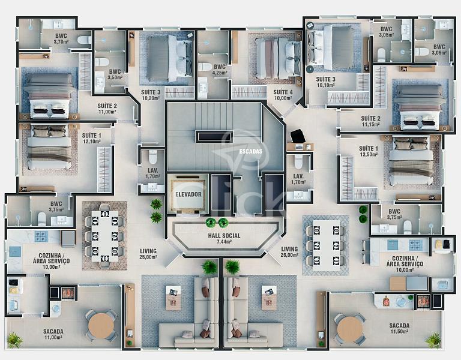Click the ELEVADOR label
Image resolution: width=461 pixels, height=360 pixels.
(x=188, y=194)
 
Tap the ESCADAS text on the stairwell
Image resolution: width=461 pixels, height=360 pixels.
(x=250, y=151)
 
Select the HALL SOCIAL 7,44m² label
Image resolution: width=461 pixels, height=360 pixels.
(x=224, y=238)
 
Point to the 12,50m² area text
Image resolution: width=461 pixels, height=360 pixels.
(x=369, y=154)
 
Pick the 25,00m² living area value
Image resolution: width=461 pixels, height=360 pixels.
(x=148, y=257)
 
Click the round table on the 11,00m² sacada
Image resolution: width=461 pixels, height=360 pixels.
(x=101, y=325)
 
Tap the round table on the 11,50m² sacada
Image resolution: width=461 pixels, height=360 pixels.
(x=349, y=329)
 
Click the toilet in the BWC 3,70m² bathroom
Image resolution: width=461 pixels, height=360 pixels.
(x=85, y=40)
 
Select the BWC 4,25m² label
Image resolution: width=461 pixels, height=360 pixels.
(x=220, y=70)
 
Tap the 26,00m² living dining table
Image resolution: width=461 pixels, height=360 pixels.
(x=326, y=245)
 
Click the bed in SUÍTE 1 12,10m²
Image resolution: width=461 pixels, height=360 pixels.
(x=49, y=147)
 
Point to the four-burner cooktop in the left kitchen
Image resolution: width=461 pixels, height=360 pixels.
(x=41, y=236)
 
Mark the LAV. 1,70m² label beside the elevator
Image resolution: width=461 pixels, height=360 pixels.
(x=153, y=173)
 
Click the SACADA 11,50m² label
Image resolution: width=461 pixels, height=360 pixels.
(x=399, y=328)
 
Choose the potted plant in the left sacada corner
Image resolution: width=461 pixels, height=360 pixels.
(x=14, y=340)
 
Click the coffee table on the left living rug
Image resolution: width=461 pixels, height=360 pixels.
(x=173, y=298)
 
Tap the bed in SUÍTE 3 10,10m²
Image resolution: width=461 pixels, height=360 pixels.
(x=331, y=47)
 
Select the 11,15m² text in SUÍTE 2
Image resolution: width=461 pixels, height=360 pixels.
(x=370, y=124)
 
